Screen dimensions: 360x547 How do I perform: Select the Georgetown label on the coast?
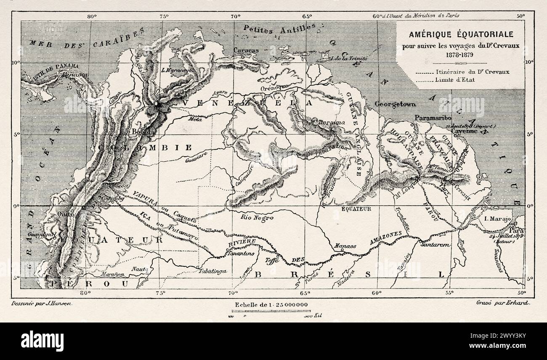click(x=396, y=104)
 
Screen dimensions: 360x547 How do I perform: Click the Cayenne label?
click(x=465, y=131)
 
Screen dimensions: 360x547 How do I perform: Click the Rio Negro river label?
click(x=258, y=218)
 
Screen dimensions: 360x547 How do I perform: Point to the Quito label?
click(x=68, y=214)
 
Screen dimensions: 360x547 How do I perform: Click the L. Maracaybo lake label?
click(x=175, y=70)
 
